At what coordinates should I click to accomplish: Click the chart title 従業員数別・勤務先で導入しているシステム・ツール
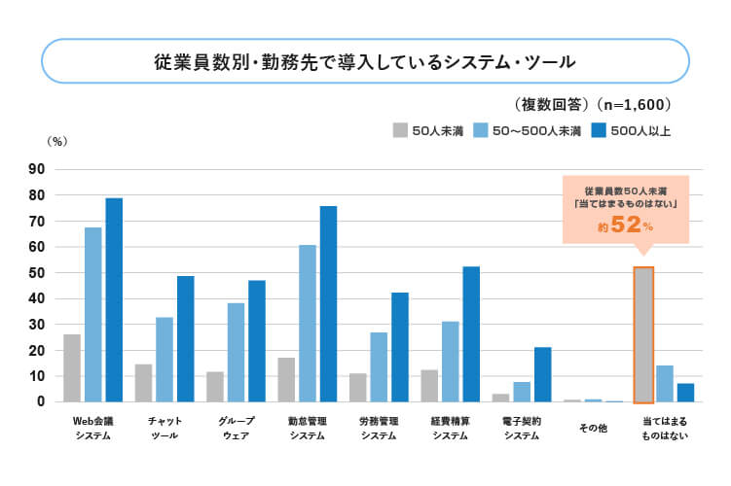coord(365,61)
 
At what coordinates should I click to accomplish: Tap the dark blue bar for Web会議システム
coord(114,299)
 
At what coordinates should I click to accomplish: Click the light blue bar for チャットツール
coord(164,359)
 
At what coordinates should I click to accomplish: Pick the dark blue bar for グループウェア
coord(257,340)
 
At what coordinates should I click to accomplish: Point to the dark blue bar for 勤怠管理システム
coord(328,303)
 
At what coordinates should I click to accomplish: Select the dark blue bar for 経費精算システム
coord(471,333)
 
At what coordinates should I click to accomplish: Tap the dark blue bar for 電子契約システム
coord(542,374)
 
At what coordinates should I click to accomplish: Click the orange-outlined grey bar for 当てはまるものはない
coord(643,334)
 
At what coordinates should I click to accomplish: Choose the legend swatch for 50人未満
coord(400,129)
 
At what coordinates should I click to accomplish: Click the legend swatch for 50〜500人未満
coord(481,129)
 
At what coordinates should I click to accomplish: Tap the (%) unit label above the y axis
coord(56,141)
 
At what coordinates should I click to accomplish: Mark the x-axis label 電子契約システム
coord(522,429)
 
